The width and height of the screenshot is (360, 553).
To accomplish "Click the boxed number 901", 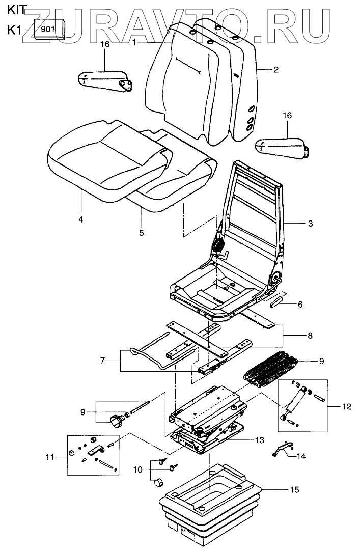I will click(47, 29).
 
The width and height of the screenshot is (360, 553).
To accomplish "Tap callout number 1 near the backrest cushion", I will click(134, 42).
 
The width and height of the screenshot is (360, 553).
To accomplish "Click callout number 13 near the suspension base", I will click(260, 439).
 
